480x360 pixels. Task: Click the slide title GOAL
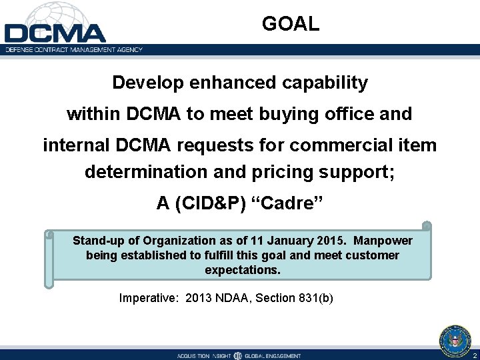(291, 25)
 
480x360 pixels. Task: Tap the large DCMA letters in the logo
(55, 33)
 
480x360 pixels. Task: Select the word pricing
(284, 172)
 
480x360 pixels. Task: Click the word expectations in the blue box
(243, 270)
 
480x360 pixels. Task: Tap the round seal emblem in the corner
(455, 340)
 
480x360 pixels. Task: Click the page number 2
(474, 355)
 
